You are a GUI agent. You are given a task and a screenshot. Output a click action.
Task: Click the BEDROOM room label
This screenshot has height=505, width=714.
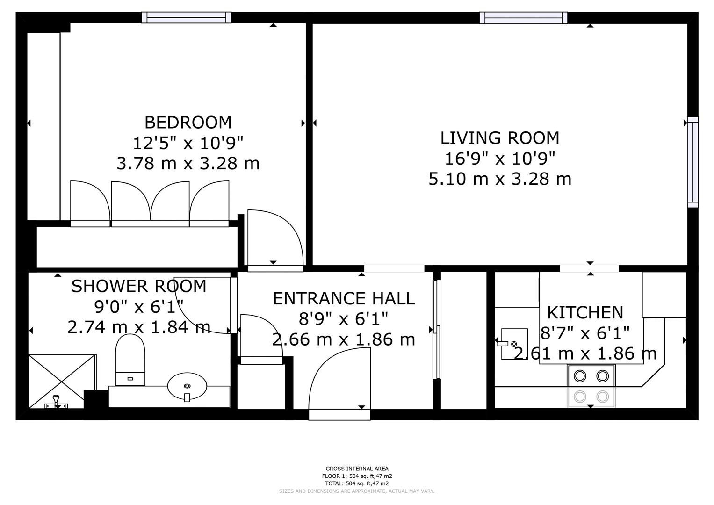tap(188, 122)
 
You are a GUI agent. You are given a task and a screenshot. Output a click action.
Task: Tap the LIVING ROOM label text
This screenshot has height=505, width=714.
tap(500, 138)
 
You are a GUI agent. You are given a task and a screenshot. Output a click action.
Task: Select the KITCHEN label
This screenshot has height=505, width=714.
tap(585, 312)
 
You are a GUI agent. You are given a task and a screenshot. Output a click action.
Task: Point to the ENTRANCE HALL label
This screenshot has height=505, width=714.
tap(344, 298)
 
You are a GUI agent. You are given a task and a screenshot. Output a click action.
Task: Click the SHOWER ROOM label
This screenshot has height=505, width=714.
tap(138, 286)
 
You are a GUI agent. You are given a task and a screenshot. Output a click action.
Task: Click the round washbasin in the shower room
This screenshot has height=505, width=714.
tap(187, 386)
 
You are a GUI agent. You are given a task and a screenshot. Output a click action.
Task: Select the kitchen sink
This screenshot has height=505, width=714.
tap(514, 344)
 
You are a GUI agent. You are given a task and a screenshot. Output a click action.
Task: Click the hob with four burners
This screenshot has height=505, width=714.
tap(591, 386)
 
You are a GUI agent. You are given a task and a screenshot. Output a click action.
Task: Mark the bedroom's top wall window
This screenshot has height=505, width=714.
tap(187, 17)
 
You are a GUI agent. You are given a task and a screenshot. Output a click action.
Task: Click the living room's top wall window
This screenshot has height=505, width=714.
tap(523, 18)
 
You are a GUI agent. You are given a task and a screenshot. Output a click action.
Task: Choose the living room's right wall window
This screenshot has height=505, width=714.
tap(692, 162)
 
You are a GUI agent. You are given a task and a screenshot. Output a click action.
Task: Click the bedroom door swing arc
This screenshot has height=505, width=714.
tap(276, 238)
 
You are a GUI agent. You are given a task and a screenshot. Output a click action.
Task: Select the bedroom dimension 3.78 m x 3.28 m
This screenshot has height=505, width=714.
tap(188, 164)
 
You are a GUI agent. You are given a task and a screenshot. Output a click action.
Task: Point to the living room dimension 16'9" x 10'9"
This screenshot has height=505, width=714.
tap(500, 159)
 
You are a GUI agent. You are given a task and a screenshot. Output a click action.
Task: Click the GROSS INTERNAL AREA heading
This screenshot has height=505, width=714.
tap(357, 469)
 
